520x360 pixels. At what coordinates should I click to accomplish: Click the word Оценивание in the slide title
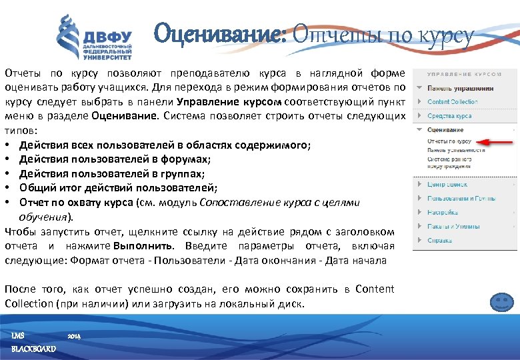pos(219,34)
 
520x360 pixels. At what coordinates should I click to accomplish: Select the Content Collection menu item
pos(452,102)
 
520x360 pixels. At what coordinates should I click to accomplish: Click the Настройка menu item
pos(442,213)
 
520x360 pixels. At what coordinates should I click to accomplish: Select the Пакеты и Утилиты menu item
pos(453,227)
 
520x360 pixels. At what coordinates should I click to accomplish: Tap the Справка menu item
pos(439,241)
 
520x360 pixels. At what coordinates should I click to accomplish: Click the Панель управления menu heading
pos(460,88)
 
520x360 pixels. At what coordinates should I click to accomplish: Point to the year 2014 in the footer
pos(74,337)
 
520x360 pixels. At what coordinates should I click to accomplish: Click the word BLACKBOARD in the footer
pos(34,349)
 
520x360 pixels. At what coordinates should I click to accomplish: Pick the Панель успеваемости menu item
pos(456,151)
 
